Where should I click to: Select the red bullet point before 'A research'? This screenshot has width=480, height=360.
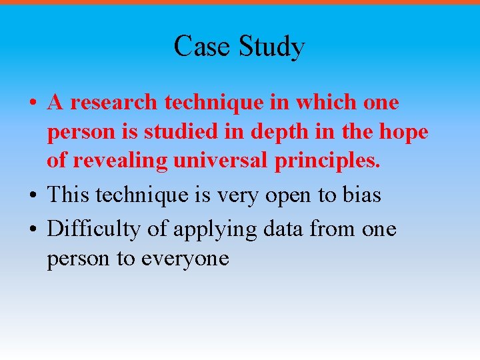pos(33,104)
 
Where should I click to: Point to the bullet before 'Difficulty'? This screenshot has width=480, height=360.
pos(33,230)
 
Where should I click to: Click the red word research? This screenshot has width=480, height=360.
pos(114,103)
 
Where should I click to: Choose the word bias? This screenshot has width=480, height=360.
pos(361,195)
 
